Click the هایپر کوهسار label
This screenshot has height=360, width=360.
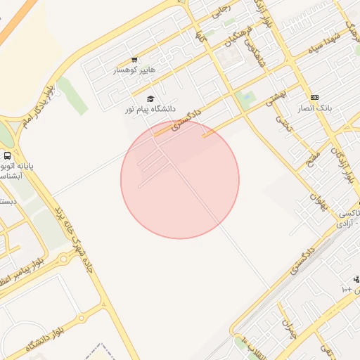(x=134, y=70)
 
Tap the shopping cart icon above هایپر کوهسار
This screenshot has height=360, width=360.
(x=134, y=60)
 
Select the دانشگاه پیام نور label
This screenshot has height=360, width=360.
(x=149, y=109)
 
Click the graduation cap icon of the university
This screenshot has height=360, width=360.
(x=150, y=98)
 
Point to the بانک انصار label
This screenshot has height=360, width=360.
(x=315, y=108)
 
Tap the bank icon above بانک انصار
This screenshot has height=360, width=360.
(x=314, y=97)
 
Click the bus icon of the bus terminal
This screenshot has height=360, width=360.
(x=7, y=155)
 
